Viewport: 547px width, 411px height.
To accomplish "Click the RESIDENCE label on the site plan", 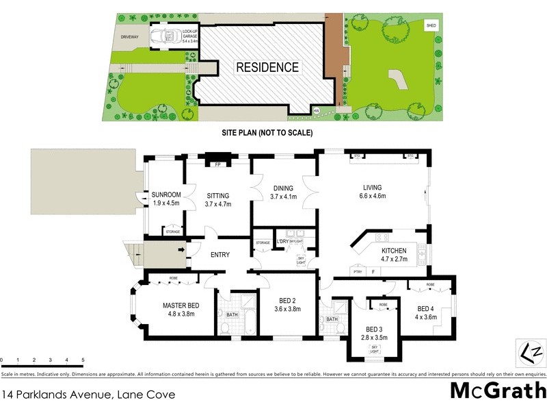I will [x=267, y=67].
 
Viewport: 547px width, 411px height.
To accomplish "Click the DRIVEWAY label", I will [x=130, y=36].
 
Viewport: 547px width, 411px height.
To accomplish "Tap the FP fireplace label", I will [x=217, y=165].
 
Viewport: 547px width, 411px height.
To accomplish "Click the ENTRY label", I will [x=219, y=255].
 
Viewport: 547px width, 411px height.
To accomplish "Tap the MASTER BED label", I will [x=181, y=306].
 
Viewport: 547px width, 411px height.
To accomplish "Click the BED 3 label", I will [x=373, y=329].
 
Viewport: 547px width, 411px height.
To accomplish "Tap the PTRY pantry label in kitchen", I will [x=357, y=272].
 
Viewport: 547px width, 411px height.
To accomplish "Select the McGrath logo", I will [x=498, y=391].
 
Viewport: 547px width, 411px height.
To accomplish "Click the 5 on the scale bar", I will [x=83, y=360].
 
